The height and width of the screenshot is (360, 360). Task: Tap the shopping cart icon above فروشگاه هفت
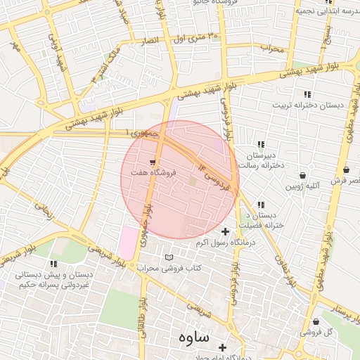[x=153, y=162]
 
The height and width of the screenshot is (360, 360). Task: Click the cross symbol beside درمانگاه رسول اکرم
[x=225, y=231]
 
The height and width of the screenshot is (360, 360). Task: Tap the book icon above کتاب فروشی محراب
[x=167, y=257]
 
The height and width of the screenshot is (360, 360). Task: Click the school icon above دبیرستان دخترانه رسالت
[x=261, y=144]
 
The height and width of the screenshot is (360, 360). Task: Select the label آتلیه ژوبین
[x=302, y=187]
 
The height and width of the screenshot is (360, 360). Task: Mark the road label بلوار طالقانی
[x=142, y=316]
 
